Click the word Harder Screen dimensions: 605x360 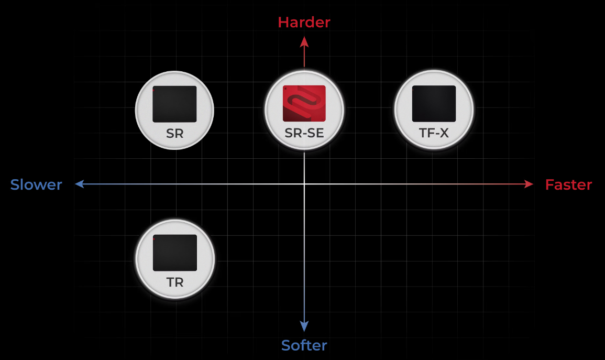pyautogui.click(x=304, y=23)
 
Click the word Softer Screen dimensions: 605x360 pyautogui.click(x=304, y=345)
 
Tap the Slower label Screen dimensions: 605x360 pyautogui.click(x=36, y=184)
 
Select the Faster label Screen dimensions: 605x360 pyautogui.click(x=568, y=185)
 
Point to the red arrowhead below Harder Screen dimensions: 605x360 pyautogui.click(x=304, y=42)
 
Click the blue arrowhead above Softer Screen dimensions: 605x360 pyautogui.click(x=304, y=326)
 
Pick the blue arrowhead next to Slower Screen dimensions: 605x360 pyautogui.click(x=80, y=184)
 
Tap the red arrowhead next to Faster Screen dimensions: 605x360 pyautogui.click(x=529, y=184)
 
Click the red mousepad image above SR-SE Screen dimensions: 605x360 pyautogui.click(x=304, y=103)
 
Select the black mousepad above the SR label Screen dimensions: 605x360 pyautogui.click(x=174, y=104)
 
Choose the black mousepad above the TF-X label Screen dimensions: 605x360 pyautogui.click(x=434, y=103)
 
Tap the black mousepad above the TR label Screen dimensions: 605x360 pyautogui.click(x=175, y=253)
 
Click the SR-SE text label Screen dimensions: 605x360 pyautogui.click(x=304, y=133)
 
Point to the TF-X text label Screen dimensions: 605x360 pyautogui.click(x=434, y=133)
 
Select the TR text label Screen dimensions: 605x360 pyautogui.click(x=175, y=282)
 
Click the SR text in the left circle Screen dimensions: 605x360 pyautogui.click(x=174, y=134)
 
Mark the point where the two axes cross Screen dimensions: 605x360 pyautogui.click(x=304, y=184)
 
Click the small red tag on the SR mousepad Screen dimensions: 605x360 pyautogui.click(x=153, y=90)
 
